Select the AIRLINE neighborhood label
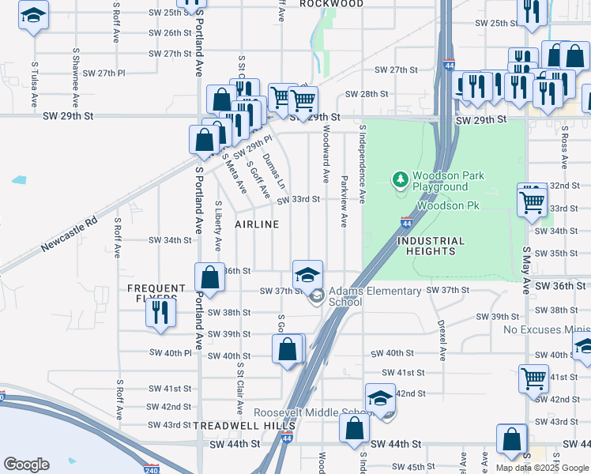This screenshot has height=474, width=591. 257,224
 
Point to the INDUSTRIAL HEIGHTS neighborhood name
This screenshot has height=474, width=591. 431,246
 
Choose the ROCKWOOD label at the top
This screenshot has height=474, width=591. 332,4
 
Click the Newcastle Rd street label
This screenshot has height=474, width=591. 70,235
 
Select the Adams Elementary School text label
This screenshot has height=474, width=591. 375,296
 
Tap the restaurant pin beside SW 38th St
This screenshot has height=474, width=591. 160,312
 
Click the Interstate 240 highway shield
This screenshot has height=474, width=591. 152,468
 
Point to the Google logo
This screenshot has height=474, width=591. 26,465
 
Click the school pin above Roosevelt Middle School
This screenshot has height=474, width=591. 380,398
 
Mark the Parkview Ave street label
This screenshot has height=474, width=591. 344,201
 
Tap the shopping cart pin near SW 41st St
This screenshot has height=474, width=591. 533,378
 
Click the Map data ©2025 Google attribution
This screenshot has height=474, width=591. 542,468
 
